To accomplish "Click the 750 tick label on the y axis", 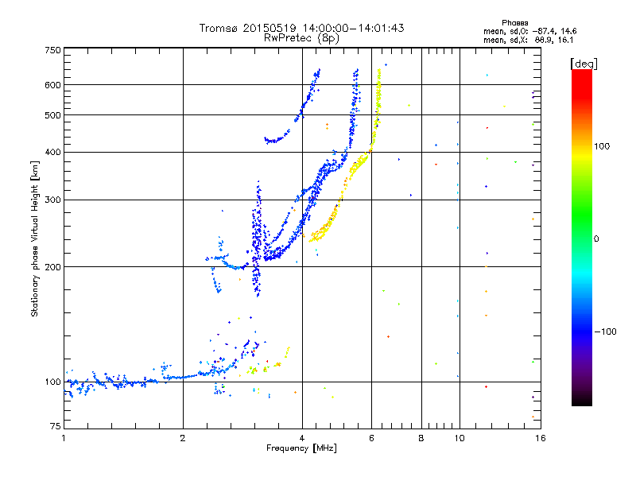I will pos(53,49).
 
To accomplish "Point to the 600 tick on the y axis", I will pos(53,84).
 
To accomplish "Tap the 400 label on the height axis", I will pos(53,152).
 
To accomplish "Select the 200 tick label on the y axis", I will pos(53,266).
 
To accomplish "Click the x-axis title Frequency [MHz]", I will pos(301,449).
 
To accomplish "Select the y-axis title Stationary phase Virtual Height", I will pos(35,238).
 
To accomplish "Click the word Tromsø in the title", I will pos(219,28).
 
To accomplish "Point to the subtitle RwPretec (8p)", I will pos(302,37).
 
